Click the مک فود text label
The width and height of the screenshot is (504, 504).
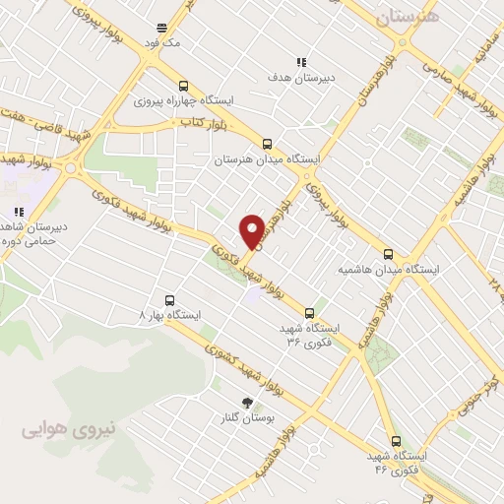(161, 43)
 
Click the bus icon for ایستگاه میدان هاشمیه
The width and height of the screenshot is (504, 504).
(389, 252)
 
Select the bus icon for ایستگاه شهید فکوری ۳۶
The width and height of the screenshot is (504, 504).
(310, 312)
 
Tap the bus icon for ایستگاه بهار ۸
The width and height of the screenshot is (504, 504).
(169, 300)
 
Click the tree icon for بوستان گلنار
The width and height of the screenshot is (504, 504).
(247, 403)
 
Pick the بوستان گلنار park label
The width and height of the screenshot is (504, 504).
(247, 417)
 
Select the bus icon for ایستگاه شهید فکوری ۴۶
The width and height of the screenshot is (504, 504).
(396, 441)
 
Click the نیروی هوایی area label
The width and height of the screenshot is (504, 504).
(69, 428)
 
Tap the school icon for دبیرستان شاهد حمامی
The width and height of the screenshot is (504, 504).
(18, 212)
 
